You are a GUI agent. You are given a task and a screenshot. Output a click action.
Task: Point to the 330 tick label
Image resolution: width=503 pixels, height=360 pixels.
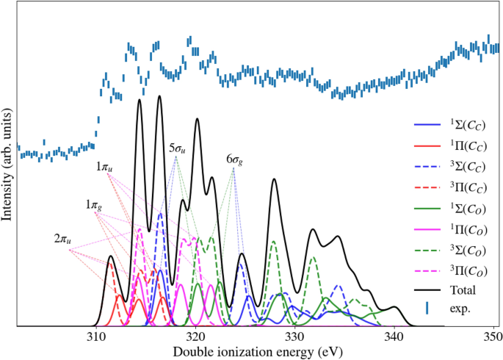pyautogui.click(x=294, y=336)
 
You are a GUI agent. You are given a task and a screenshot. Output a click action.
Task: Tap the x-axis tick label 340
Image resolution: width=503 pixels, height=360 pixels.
pyautogui.click(x=394, y=336)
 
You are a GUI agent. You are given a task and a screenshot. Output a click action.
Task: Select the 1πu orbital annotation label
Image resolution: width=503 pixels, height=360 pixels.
pyautogui.click(x=105, y=168)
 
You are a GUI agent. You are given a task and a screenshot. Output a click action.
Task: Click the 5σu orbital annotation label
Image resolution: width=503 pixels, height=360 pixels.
pyautogui.click(x=176, y=148)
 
